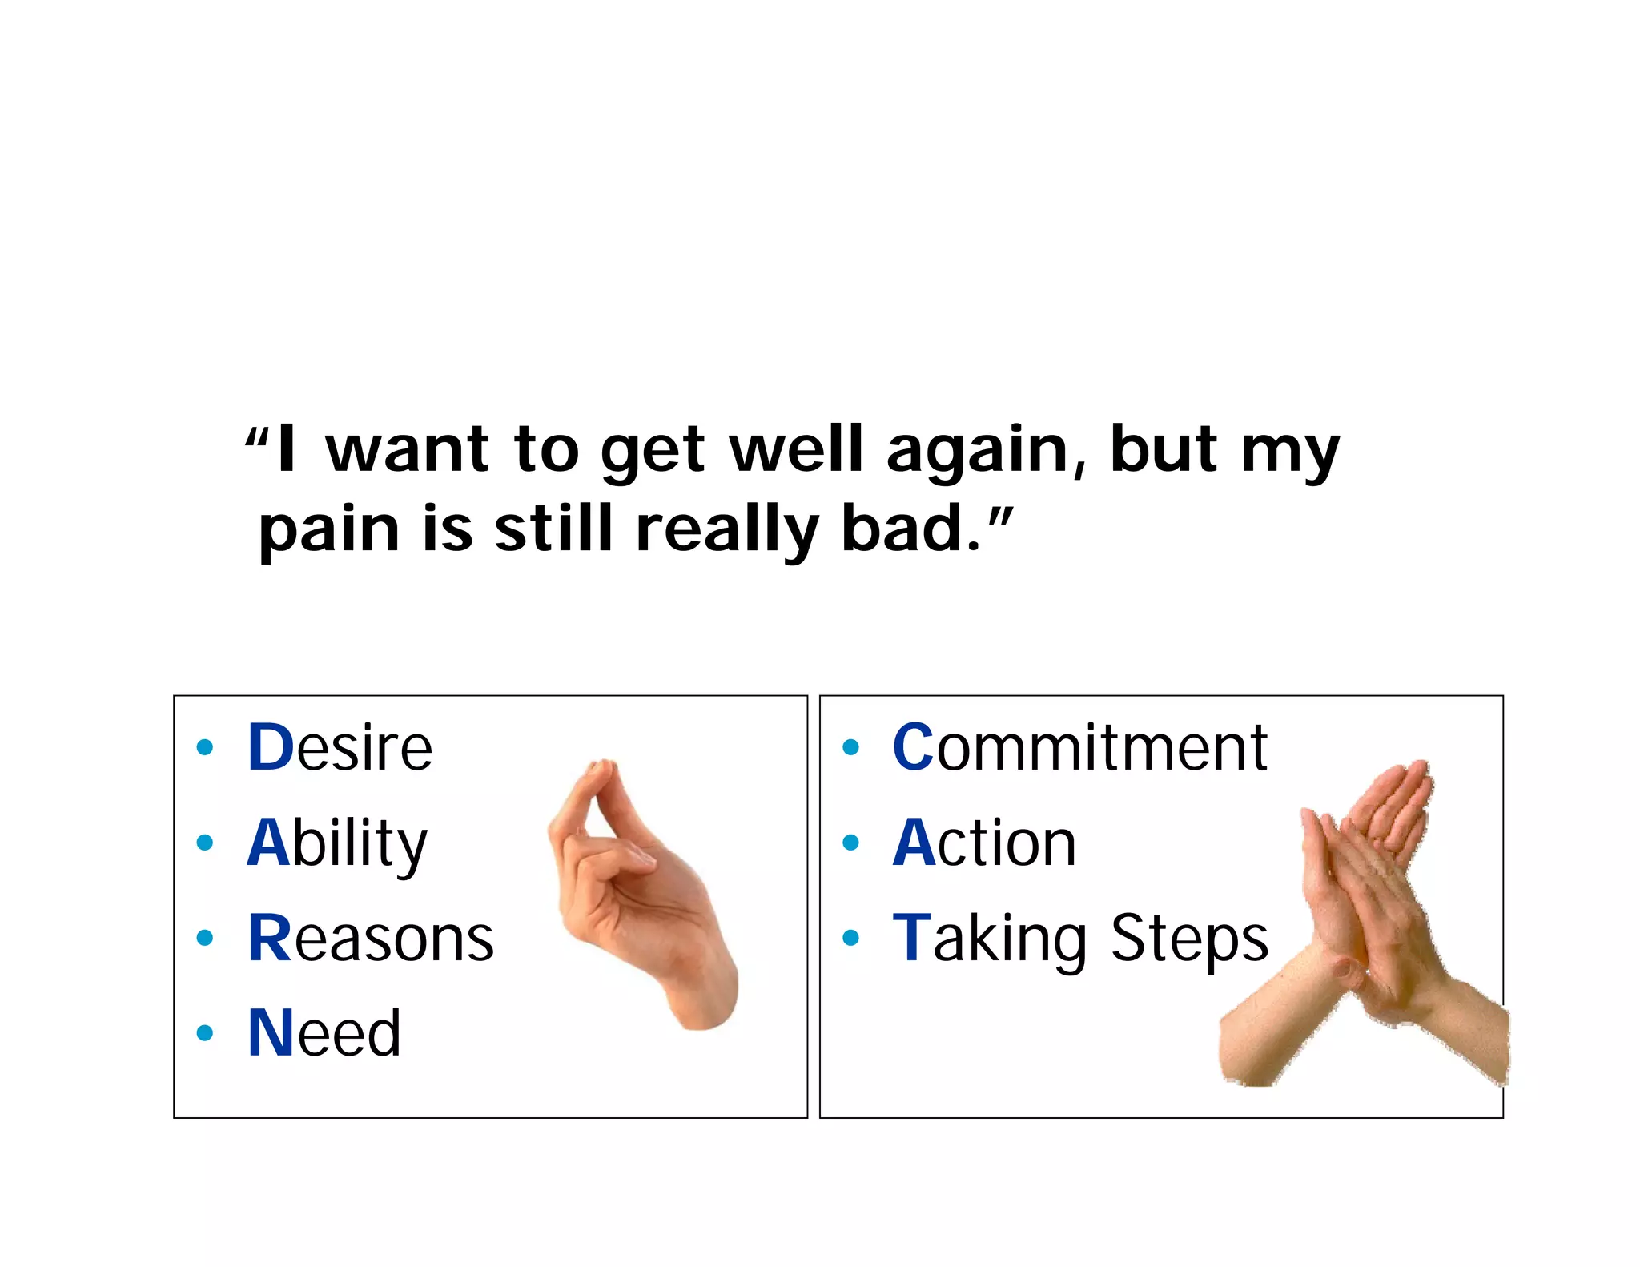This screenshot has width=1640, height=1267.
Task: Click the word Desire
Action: [340, 747]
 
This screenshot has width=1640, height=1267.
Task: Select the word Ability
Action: [337, 843]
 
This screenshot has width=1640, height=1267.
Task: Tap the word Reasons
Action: [371, 938]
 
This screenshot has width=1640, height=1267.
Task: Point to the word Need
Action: [324, 1033]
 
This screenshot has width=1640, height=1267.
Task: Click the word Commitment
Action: [1079, 747]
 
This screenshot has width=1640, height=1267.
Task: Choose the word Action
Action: [984, 843]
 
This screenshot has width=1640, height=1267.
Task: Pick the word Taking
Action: [990, 938]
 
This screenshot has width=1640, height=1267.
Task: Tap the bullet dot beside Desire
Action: [205, 748]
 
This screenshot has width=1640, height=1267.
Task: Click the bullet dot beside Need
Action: [205, 1033]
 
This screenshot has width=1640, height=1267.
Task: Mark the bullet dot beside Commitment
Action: [850, 748]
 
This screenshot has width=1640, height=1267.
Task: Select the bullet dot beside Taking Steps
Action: [850, 938]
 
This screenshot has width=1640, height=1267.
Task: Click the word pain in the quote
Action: [329, 530]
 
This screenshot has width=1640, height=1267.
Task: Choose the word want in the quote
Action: [408, 450]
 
